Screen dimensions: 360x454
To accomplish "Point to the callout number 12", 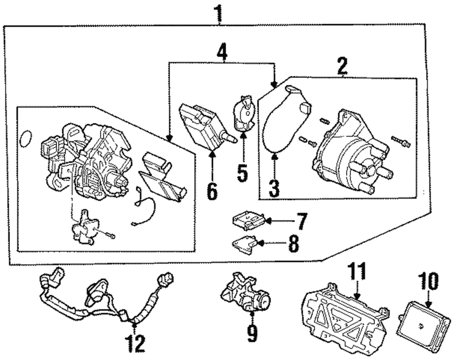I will [136, 343].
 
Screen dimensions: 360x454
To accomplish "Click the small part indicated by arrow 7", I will [247, 220].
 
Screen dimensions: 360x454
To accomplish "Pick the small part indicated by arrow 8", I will [245, 243].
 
